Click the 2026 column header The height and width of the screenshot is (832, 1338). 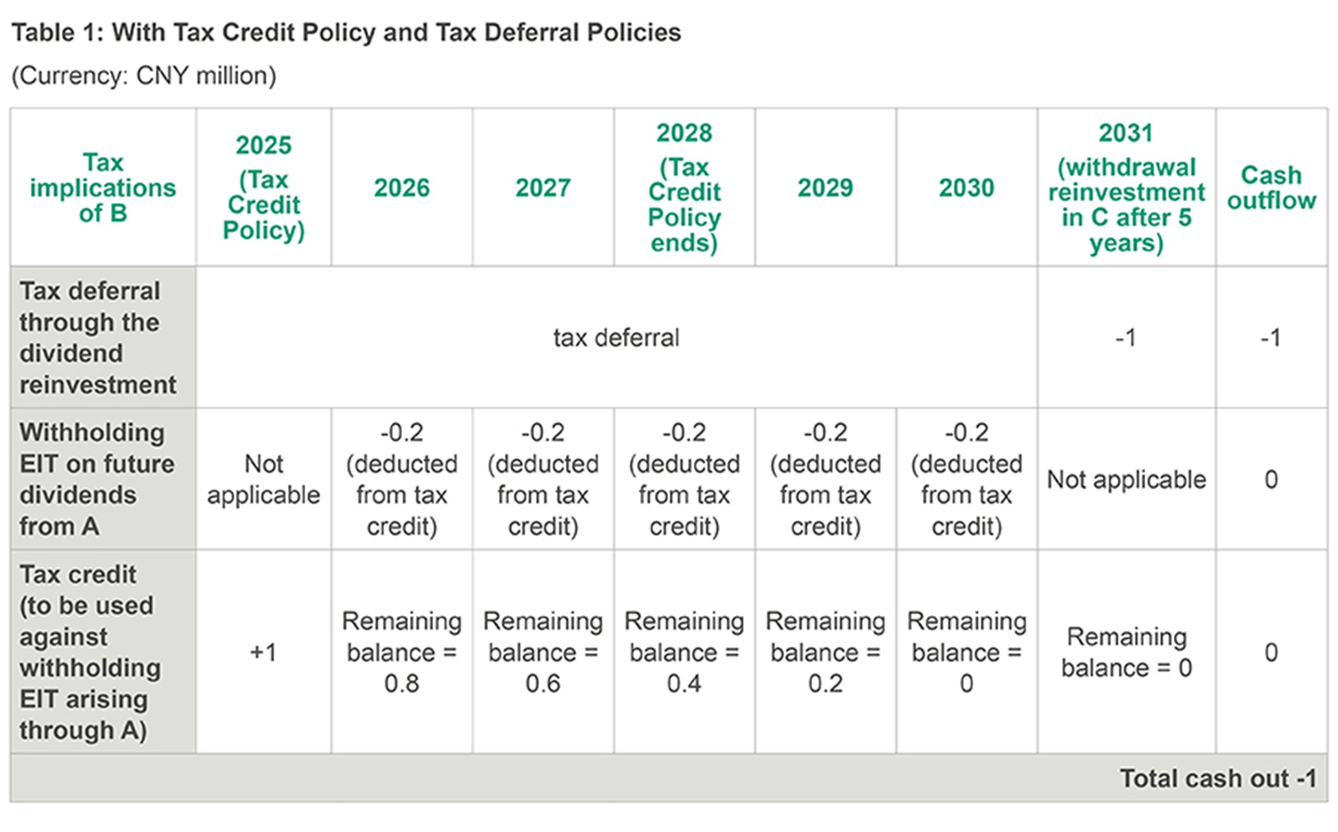click(x=401, y=188)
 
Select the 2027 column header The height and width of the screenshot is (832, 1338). click(x=543, y=188)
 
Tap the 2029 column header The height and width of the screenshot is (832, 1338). click(x=825, y=188)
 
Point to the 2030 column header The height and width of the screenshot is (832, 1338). click(x=966, y=188)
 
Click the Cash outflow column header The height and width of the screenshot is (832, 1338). click(x=1271, y=188)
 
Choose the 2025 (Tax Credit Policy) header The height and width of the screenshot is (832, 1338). click(x=263, y=188)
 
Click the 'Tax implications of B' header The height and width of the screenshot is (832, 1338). click(x=102, y=188)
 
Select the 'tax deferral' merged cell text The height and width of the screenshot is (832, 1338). click(x=616, y=338)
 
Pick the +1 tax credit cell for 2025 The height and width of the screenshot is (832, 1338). click(x=263, y=652)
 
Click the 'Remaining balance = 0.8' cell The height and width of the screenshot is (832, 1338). click(x=401, y=652)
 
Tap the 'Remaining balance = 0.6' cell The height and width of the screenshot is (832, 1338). click(x=543, y=652)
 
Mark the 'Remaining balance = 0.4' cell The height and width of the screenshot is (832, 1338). click(x=684, y=652)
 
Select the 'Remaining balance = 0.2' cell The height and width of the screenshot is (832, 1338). click(x=825, y=652)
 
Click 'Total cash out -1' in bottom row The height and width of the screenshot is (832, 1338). click(x=1218, y=778)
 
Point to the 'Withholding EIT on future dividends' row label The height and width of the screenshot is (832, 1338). click(x=97, y=479)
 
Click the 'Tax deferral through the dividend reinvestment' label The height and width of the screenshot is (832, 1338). click(x=97, y=338)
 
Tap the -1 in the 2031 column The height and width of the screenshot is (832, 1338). click(x=1126, y=338)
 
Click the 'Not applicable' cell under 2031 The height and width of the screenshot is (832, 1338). click(x=1126, y=480)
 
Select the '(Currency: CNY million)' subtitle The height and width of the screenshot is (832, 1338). click(x=144, y=76)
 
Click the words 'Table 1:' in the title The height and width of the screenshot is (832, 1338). click(x=54, y=32)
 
